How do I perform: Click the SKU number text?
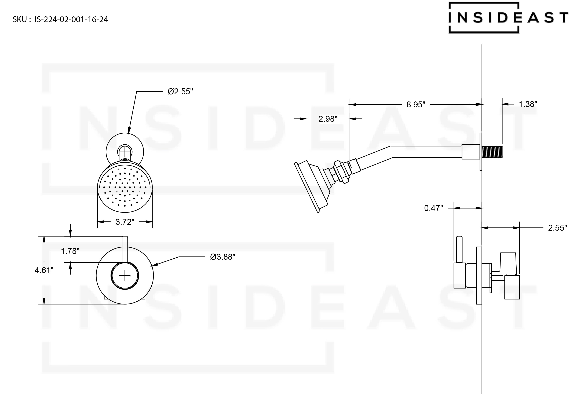60,19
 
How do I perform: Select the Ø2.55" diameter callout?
180,92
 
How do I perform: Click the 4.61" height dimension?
44,270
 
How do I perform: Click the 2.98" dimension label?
328,119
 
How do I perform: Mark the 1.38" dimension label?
528,104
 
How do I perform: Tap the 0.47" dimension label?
433,208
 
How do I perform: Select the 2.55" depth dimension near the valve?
557,228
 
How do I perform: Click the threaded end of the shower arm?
492,152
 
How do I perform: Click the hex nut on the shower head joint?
342,171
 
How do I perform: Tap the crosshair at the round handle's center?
125,276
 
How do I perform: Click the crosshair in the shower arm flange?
125,152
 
